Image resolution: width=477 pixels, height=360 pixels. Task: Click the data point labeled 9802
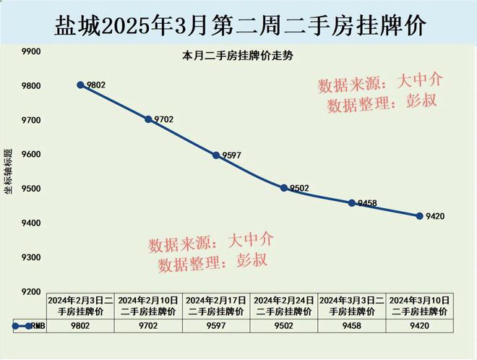80,85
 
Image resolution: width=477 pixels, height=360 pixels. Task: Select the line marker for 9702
148,119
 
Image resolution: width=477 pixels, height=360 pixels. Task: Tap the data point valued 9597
216,155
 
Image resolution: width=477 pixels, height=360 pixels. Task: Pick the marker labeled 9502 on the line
284,188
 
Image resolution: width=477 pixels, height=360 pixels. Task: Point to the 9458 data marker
351,203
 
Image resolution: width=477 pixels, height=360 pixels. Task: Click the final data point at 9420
419,215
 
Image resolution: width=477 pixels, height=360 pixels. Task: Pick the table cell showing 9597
216,326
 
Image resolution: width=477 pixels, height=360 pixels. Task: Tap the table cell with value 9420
419,326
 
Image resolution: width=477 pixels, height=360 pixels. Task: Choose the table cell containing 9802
80,326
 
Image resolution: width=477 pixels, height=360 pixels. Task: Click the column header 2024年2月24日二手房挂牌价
284,305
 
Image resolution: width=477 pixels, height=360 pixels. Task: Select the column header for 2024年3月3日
351,305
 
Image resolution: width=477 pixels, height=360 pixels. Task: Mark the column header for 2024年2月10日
148,305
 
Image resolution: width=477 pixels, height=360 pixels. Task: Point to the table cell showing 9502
284,326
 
